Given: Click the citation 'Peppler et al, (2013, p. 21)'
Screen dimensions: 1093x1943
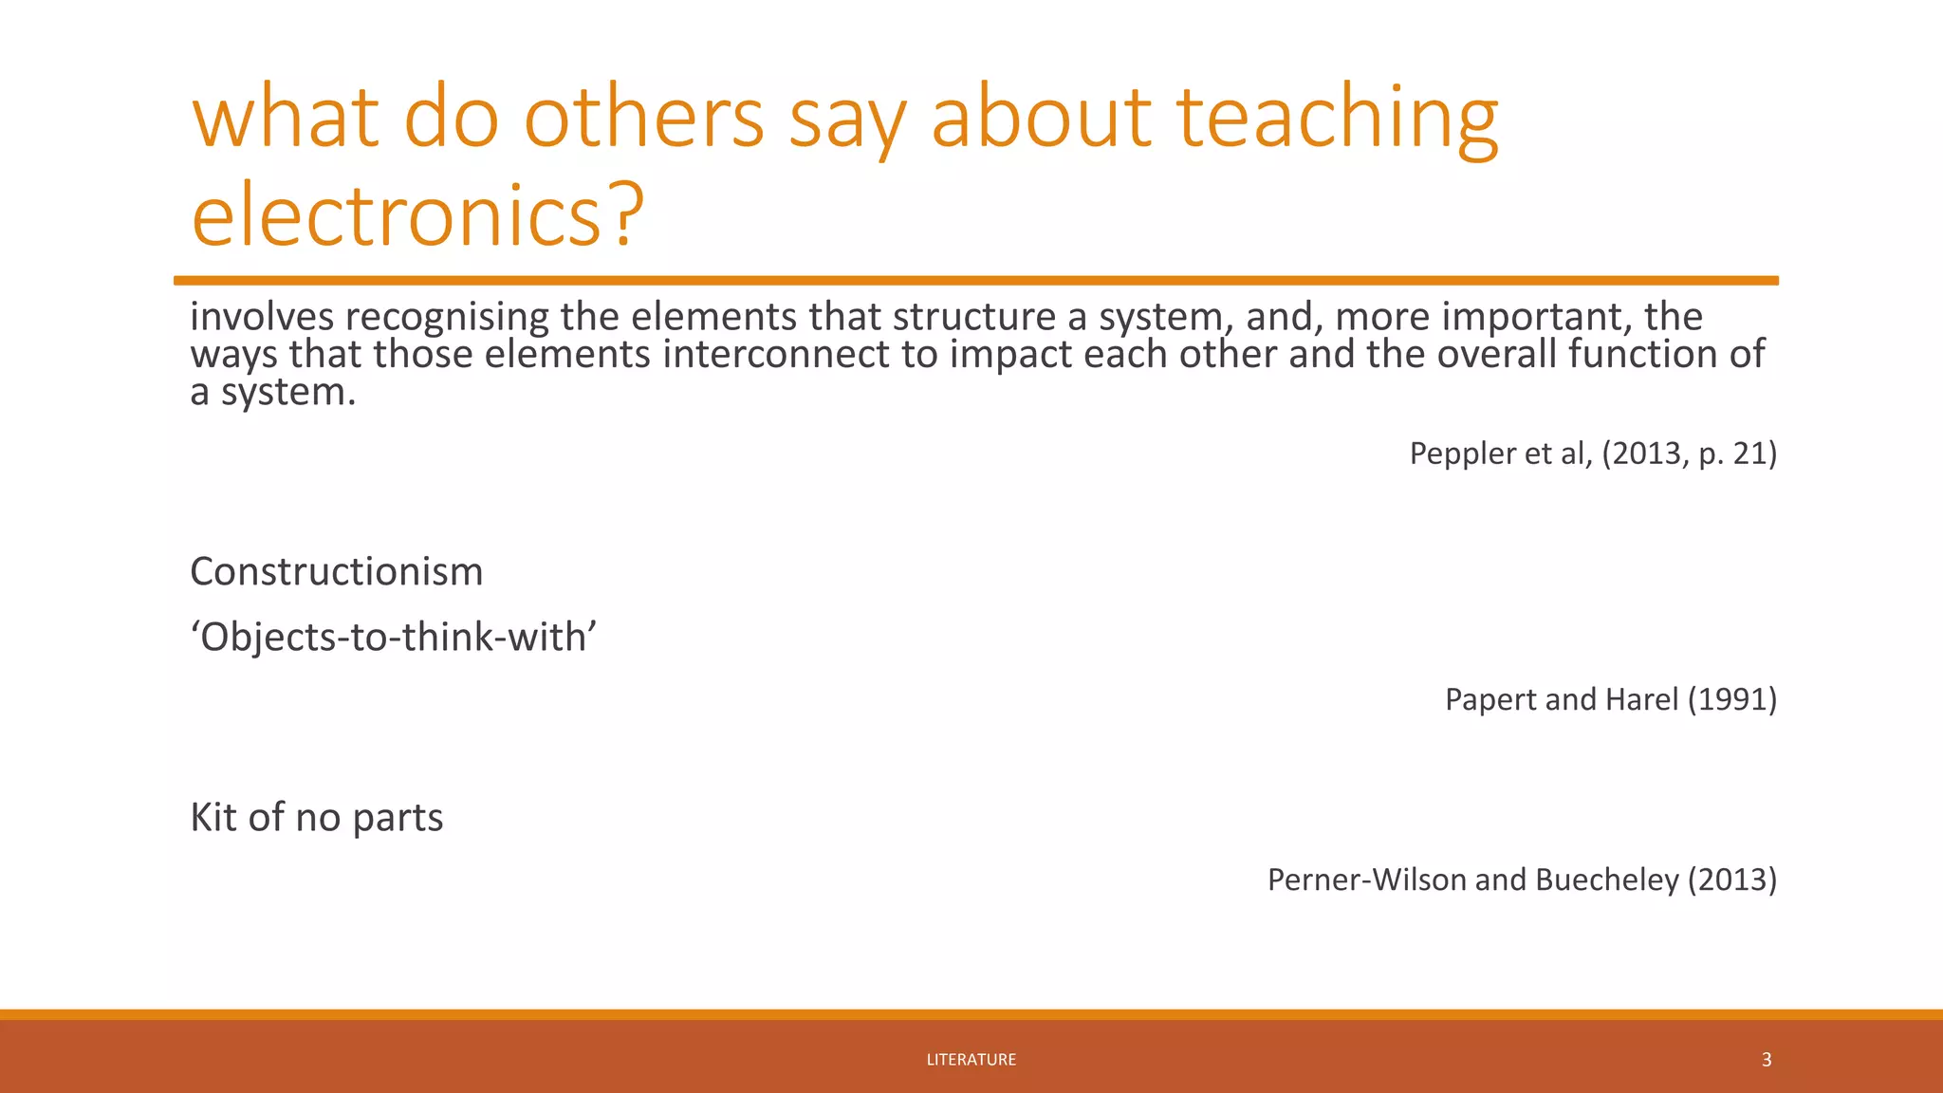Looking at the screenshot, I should tap(1592, 454).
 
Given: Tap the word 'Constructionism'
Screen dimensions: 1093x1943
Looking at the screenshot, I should tap(336, 571).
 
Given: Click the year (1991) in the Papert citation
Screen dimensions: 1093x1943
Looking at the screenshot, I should tap(1731, 699).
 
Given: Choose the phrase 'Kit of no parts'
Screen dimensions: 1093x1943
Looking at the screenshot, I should tap(316, 817).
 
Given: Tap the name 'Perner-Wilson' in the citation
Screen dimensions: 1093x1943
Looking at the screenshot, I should tap(1366, 880).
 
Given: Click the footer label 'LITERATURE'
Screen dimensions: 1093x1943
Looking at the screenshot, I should tap(971, 1060).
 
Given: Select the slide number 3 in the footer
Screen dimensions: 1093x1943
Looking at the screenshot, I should tap(1766, 1060).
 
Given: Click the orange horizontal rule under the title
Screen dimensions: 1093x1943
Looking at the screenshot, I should tap(975, 281).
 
